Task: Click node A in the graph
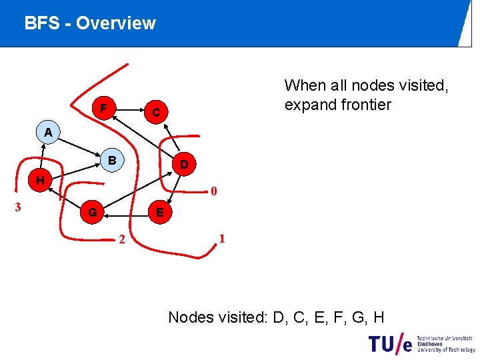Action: [47, 132]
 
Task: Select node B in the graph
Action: [113, 161]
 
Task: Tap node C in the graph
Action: [155, 113]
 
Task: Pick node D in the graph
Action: [184, 164]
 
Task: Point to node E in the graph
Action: [159, 213]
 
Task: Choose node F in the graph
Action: [103, 108]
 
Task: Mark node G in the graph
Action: [93, 213]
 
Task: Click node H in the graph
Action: [41, 180]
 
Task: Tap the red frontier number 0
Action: [213, 193]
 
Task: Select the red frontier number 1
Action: [222, 239]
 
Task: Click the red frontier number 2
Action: [121, 240]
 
